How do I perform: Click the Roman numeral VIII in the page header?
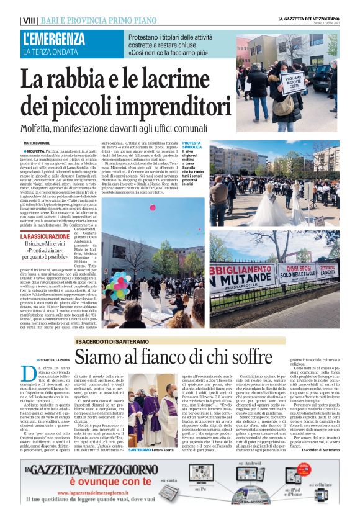29,21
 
